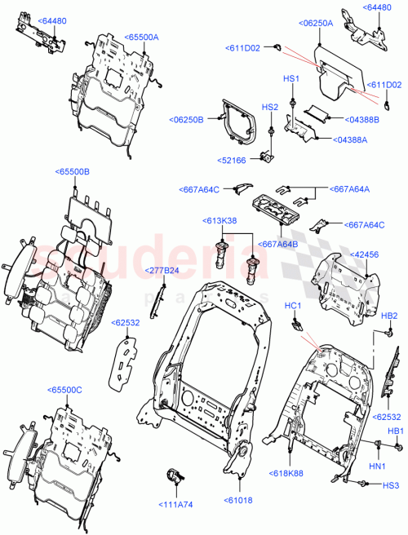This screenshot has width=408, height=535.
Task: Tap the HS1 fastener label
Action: tap(291, 78)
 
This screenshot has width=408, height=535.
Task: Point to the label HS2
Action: tap(268, 108)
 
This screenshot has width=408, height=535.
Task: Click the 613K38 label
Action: tap(220, 221)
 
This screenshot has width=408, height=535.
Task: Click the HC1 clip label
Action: tap(293, 306)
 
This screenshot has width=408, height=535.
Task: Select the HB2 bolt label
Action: tap(389, 316)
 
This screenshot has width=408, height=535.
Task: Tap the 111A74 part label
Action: tap(175, 505)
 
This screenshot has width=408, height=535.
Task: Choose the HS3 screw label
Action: tap(391, 485)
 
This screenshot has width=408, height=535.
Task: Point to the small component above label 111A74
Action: tap(175, 476)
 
